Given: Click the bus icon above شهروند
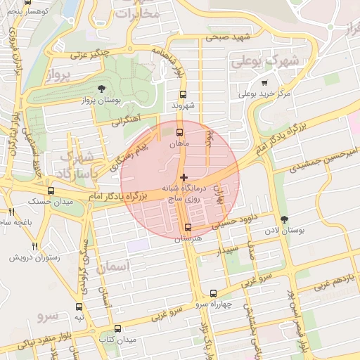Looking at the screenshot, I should click(x=184, y=94).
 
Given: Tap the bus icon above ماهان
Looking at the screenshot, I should click(x=179, y=131).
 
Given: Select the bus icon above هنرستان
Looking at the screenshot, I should click(x=188, y=227).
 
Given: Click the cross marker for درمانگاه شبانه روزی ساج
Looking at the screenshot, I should click(x=184, y=177).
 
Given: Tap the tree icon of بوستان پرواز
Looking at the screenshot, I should click(x=103, y=89).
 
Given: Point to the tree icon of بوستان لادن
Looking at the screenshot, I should click(x=284, y=220).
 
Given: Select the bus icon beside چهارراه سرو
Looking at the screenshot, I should click(x=214, y=293).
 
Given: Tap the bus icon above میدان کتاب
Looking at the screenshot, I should click(x=117, y=328).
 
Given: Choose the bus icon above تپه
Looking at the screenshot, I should click(x=79, y=307).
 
